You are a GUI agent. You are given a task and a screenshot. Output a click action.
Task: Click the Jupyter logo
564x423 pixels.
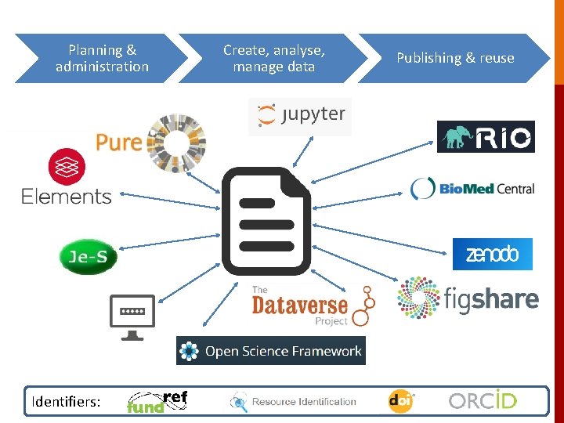(x=300, y=115)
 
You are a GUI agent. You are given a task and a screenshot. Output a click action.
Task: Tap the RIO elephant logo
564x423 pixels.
(x=486, y=136)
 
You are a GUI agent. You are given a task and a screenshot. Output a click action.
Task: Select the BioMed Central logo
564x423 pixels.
(x=472, y=188)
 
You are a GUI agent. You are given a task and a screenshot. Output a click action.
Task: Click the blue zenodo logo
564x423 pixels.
(x=492, y=254)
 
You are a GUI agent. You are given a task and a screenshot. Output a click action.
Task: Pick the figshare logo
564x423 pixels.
(x=468, y=298)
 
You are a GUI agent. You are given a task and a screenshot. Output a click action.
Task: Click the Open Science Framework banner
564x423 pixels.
(x=271, y=351)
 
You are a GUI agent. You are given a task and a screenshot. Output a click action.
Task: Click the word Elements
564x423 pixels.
(x=67, y=196)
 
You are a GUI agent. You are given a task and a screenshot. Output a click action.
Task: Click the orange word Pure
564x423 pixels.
(x=118, y=142)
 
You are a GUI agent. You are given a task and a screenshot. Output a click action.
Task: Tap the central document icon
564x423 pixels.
(x=266, y=221)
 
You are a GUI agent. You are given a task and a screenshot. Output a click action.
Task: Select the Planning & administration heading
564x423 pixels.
(x=102, y=58)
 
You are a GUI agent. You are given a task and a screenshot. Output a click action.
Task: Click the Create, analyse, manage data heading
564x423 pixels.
(x=274, y=58)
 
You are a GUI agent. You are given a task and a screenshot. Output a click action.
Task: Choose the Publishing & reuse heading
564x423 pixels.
(x=455, y=58)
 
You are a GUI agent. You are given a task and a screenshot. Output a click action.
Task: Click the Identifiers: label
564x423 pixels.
(x=66, y=402)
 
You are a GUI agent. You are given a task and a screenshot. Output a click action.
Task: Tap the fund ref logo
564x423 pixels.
(x=157, y=402)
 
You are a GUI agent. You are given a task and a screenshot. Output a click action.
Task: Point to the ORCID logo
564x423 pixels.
(x=483, y=401)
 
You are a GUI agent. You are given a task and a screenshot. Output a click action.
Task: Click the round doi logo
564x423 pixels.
(x=400, y=401)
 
